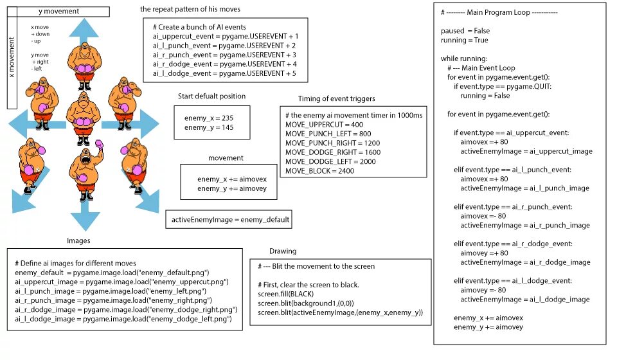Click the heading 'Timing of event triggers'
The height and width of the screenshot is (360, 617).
336,98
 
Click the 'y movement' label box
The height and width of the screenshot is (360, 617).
58,11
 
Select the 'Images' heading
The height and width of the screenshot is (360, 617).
78,240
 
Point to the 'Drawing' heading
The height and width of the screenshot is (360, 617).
283,251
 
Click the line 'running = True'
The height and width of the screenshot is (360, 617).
463,40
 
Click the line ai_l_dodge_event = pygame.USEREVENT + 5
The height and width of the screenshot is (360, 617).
226,73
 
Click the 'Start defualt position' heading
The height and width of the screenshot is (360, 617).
211,96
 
